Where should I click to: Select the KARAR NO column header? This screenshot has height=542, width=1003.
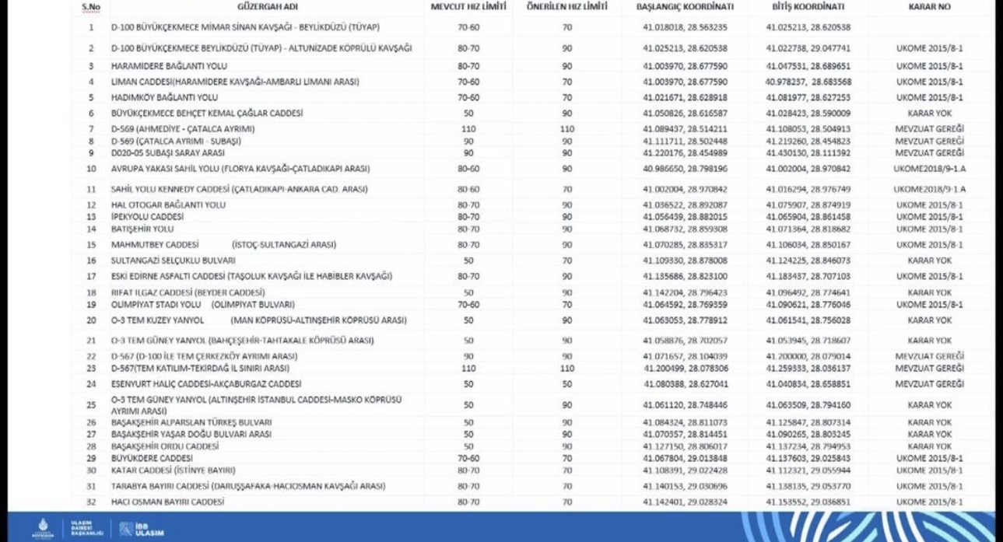(x=930, y=7)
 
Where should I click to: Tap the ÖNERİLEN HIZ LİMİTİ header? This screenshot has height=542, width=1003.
(x=566, y=7)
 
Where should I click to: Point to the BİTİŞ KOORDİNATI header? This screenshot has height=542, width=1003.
(x=808, y=7)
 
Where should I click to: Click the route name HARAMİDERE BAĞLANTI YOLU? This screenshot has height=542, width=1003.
(x=158, y=66)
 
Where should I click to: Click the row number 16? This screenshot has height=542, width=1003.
(x=91, y=261)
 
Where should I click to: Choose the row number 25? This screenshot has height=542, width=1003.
(x=91, y=405)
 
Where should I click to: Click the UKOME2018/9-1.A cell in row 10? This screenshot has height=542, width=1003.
(x=930, y=169)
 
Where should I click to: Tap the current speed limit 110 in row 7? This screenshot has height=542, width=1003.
(x=468, y=129)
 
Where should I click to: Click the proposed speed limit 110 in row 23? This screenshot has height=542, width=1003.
(x=566, y=369)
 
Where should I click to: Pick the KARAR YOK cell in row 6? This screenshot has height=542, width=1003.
(x=930, y=114)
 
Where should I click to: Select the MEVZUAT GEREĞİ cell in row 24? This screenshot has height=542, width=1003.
(x=930, y=384)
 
